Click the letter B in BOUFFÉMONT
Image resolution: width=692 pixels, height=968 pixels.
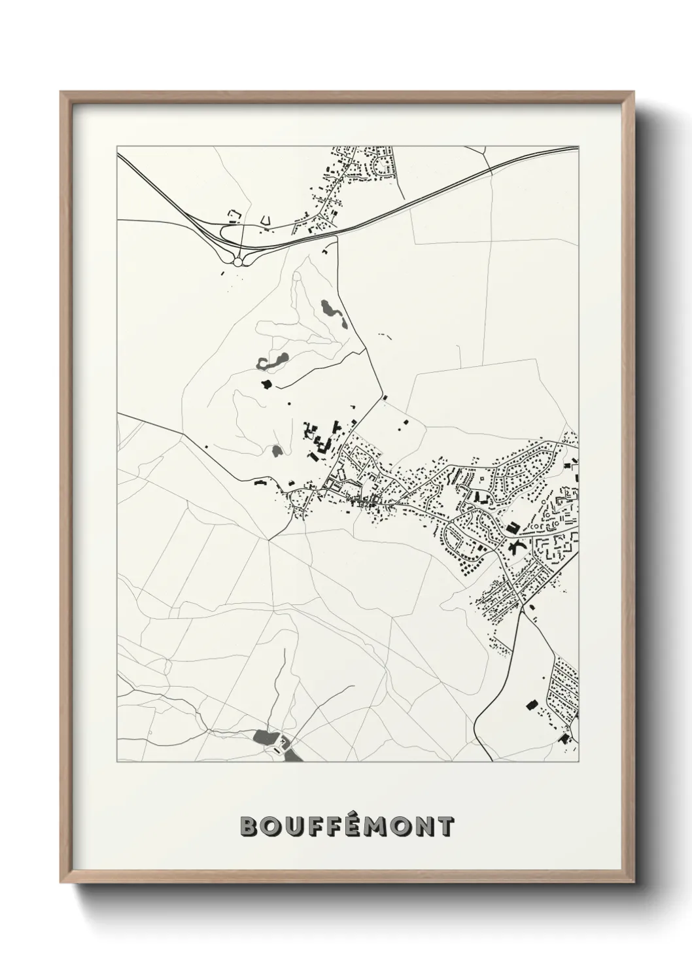[251, 826]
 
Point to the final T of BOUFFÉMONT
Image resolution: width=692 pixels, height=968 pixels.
[445, 826]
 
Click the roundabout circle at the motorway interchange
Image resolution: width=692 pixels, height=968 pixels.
[237, 261]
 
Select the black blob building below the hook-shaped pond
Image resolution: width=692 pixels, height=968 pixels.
[266, 384]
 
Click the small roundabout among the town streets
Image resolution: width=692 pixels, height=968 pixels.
[483, 482]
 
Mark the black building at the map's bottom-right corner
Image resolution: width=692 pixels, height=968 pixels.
[564, 739]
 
